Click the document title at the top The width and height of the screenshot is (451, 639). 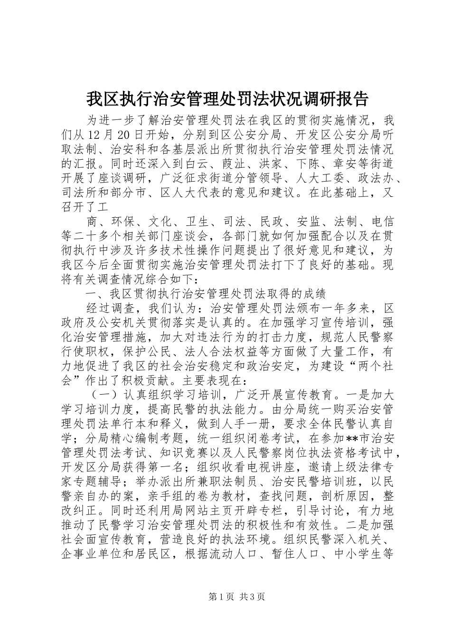pos(226,98)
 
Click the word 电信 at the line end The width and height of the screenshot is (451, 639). pos(381,222)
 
